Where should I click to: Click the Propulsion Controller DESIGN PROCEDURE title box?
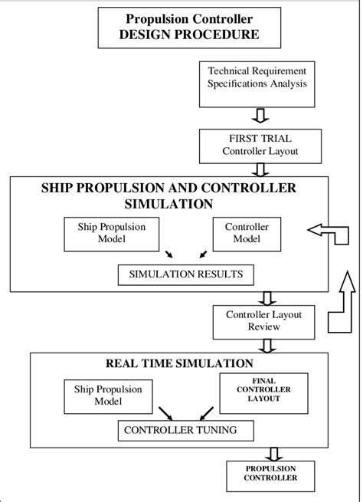pyautogui.click(x=181, y=27)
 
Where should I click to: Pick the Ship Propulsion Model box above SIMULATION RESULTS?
pyautogui.click(x=111, y=233)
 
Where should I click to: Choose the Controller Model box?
pyautogui.click(x=242, y=233)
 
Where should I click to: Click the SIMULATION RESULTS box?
pyautogui.click(x=185, y=273)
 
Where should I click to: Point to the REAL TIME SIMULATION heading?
pyautogui.click(x=178, y=363)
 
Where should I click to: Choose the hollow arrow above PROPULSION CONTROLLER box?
pyautogui.click(x=271, y=451)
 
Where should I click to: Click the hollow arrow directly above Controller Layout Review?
pyautogui.click(x=267, y=298)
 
